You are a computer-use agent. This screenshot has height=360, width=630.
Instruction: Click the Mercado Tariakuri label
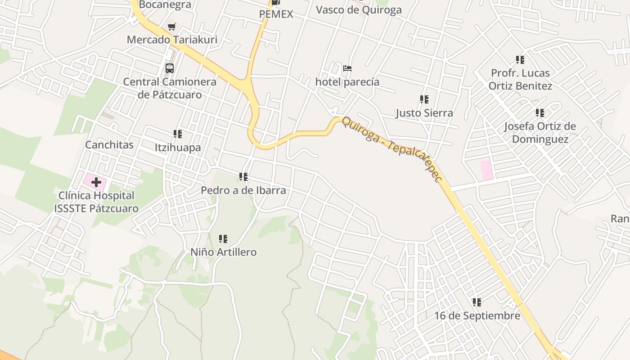tap(172, 40)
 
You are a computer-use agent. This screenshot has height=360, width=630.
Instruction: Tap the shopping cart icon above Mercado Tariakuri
tap(171, 27)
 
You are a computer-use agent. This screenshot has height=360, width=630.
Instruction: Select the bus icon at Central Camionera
tap(170, 68)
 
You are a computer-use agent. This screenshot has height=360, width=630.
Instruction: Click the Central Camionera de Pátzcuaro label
tap(170, 88)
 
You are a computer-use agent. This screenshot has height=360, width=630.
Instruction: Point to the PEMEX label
tap(276, 14)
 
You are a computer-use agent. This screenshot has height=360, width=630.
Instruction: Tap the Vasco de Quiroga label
tap(359, 10)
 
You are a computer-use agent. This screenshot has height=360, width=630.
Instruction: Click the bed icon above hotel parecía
tap(347, 69)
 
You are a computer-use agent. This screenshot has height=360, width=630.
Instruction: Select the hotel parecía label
tap(347, 82)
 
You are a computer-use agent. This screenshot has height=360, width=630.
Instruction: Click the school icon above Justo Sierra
tap(424, 99)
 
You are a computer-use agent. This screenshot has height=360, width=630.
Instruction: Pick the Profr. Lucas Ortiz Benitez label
tap(520, 79)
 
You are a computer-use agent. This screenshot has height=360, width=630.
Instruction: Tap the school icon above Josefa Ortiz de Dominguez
tap(540, 113)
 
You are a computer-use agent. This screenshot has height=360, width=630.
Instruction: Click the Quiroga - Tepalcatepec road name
tap(391, 149)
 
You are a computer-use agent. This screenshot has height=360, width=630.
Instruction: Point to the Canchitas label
tap(109, 145)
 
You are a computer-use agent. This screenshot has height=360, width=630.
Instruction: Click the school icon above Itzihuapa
tap(178, 134)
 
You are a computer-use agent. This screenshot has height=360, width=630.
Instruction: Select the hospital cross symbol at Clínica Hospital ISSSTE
tap(96, 182)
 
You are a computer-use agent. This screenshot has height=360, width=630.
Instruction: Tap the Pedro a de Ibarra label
tap(243, 190)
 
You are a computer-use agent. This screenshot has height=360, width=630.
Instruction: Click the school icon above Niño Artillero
tap(223, 239)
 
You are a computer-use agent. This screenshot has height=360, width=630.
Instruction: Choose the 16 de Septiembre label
tap(477, 316)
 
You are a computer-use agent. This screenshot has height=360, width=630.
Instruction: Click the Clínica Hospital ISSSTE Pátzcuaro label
tap(96, 202)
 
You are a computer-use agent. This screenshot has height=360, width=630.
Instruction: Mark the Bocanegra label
tap(165, 5)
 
